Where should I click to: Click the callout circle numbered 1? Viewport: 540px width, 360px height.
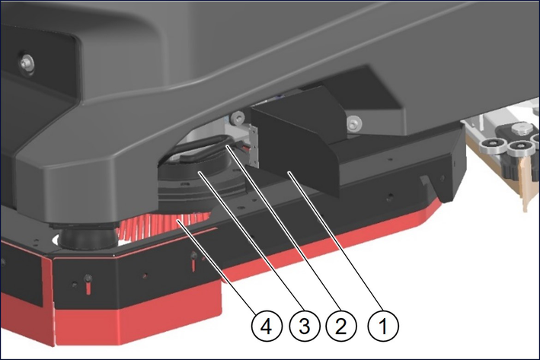click(x=383, y=326)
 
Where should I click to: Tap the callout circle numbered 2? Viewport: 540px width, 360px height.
click(x=340, y=326)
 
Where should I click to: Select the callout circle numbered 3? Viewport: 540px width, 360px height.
click(x=304, y=326)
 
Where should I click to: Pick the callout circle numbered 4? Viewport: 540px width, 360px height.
click(x=267, y=326)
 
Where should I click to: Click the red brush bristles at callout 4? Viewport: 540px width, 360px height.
click(x=165, y=224)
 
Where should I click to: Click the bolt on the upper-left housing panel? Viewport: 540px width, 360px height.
click(x=26, y=62)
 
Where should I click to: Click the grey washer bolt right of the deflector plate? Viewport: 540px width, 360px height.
click(x=354, y=123)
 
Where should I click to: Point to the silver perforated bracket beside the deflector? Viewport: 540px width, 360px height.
click(x=254, y=145)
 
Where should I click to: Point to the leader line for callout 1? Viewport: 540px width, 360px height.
click(x=336, y=241)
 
